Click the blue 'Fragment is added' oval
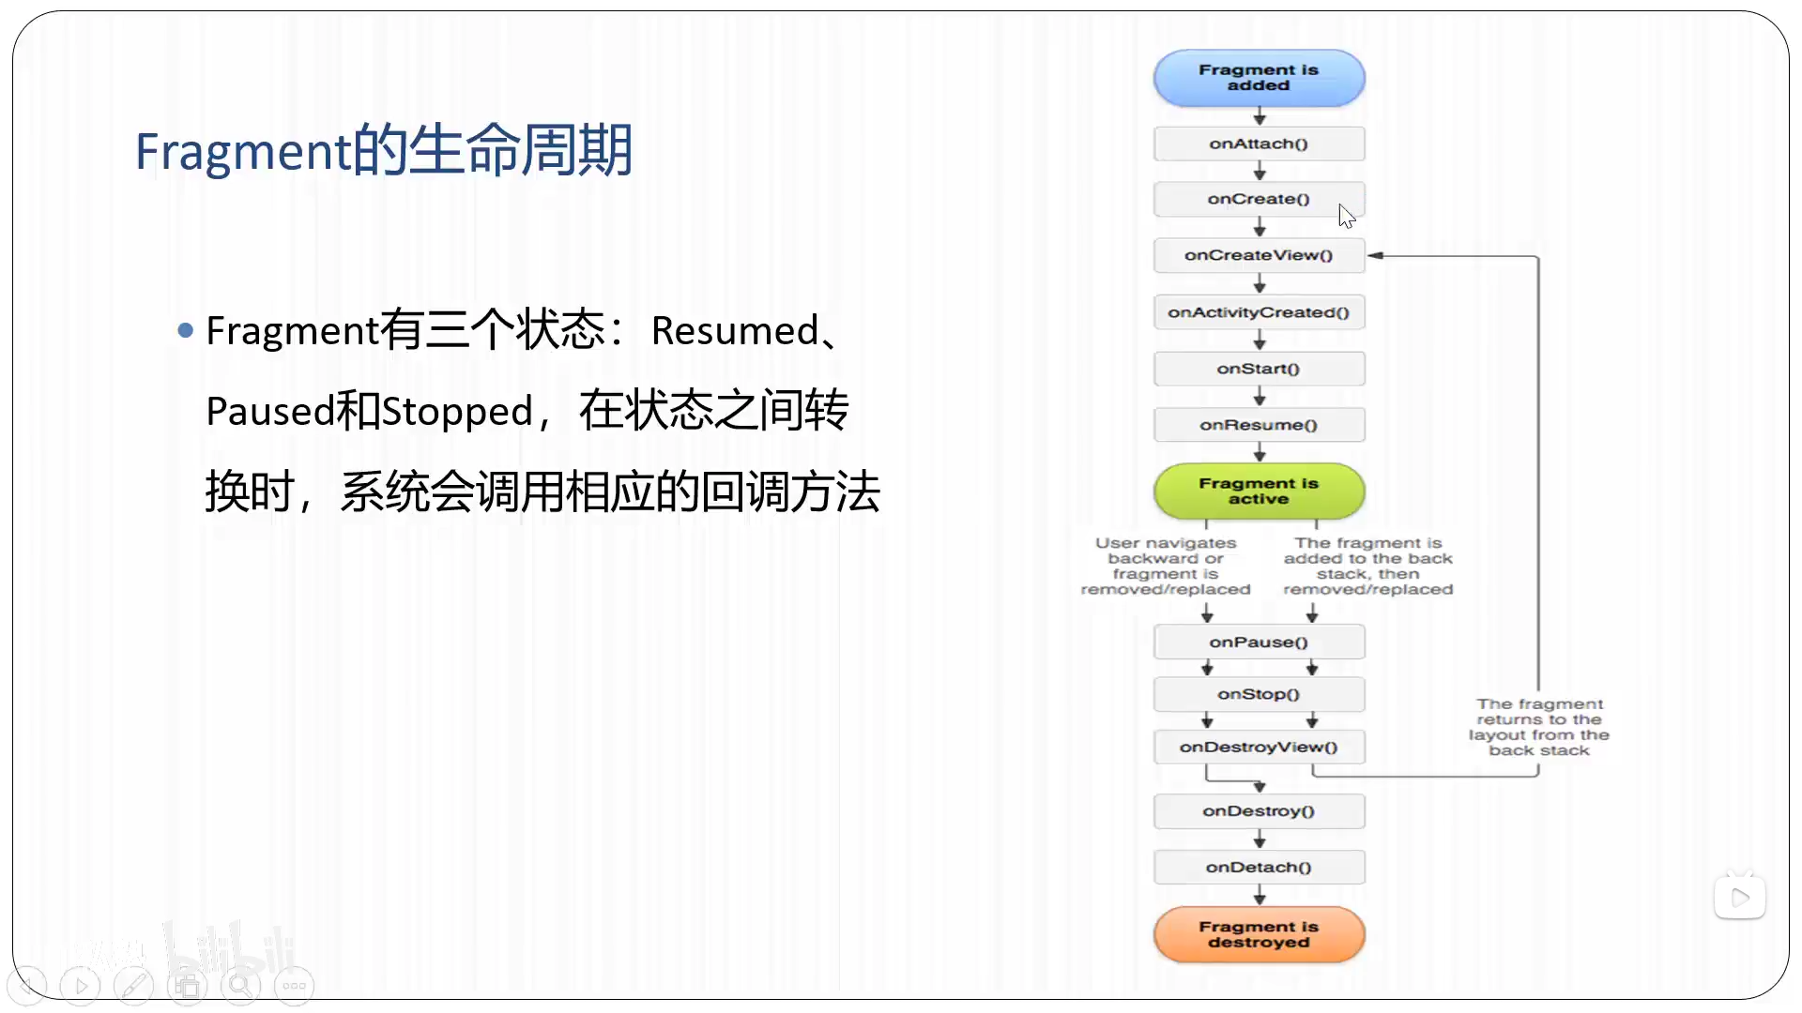coord(1259,78)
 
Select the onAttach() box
coord(1259,144)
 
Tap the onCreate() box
coord(1259,199)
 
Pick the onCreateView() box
coord(1259,255)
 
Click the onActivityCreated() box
coord(1259,312)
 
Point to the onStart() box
coord(1259,369)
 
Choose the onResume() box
coord(1259,425)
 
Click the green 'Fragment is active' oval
coord(1259,491)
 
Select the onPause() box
coord(1259,643)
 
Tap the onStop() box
coord(1259,694)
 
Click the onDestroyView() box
coord(1259,747)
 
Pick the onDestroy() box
coord(1259,810)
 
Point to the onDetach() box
coord(1259,867)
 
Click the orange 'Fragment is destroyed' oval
coord(1259,934)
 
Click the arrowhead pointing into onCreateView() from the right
coord(1375,255)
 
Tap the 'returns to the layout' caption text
coord(1539,727)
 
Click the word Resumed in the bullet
coord(735,331)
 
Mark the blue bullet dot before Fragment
coord(185,330)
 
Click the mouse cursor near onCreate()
coord(1346,216)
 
